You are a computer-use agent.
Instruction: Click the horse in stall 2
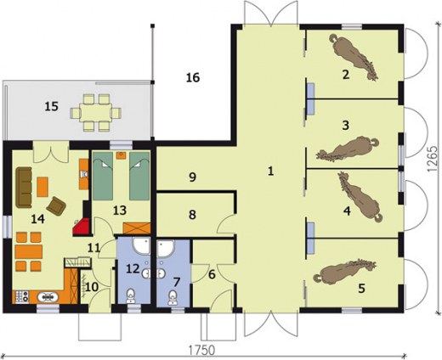point(354,57)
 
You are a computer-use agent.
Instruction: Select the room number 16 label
point(193,77)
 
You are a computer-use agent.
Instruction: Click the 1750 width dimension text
point(201,350)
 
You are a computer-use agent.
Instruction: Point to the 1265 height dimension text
point(432,159)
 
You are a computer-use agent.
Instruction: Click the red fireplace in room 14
point(81,227)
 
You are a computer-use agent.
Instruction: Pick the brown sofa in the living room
point(24,188)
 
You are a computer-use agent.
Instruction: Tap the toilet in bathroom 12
point(131,295)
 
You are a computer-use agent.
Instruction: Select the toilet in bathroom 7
point(173,297)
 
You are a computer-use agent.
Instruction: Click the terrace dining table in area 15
point(95,113)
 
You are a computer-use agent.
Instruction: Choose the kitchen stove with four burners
point(20,296)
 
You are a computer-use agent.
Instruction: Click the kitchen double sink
point(48,297)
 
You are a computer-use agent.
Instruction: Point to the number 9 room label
point(192,177)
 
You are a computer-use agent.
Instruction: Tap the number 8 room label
point(192,215)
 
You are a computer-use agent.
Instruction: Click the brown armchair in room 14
point(56,206)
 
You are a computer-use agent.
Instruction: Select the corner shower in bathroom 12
point(142,245)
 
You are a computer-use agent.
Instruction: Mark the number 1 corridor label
point(271,171)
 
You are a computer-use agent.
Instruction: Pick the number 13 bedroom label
point(120,211)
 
